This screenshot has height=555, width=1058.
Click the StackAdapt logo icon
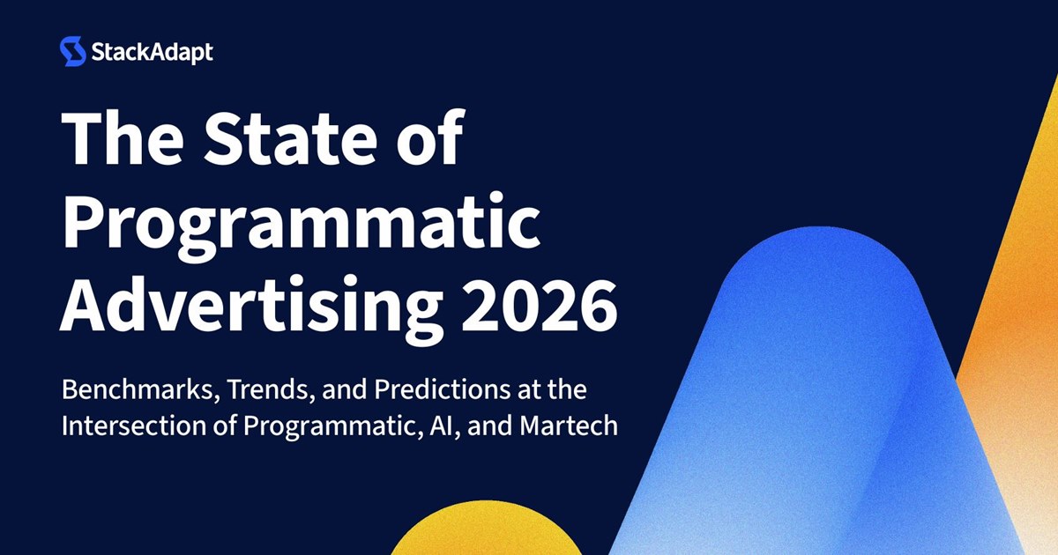(x=72, y=51)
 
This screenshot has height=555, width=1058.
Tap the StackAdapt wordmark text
(x=152, y=52)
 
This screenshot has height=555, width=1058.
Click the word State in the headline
(x=290, y=137)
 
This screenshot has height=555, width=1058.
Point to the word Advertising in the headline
(x=252, y=307)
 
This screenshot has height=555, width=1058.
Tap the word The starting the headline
(x=123, y=137)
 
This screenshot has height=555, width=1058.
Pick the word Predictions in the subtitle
(x=442, y=389)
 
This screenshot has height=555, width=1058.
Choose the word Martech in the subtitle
(x=569, y=425)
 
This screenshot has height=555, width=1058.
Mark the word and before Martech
(x=490, y=425)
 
